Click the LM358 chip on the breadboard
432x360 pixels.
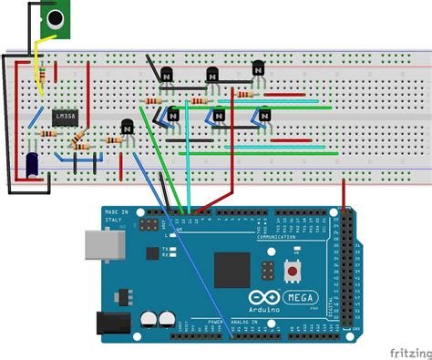tap(65, 117)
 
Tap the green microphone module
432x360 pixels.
tap(56, 19)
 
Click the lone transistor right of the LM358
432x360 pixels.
tap(128, 129)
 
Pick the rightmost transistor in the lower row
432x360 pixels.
tap(264, 116)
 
